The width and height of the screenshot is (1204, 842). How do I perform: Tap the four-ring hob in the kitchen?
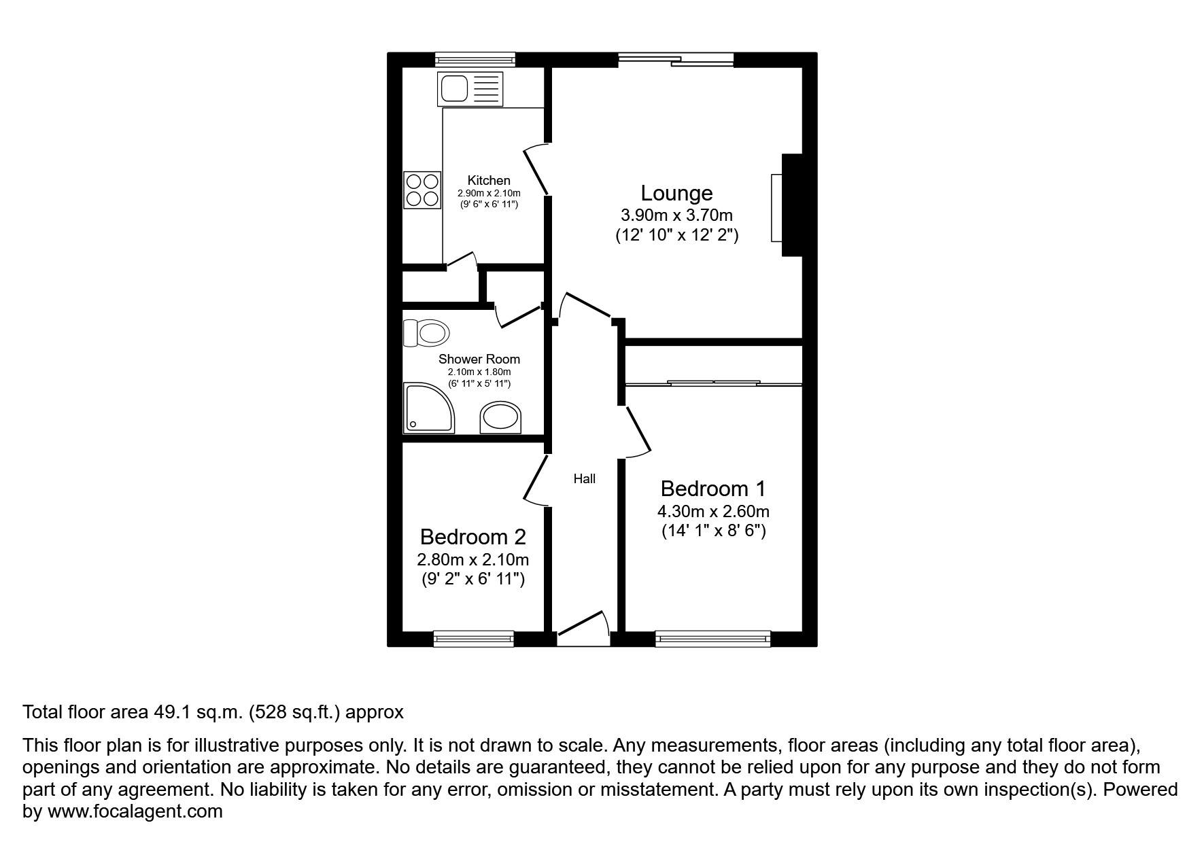pos(422,190)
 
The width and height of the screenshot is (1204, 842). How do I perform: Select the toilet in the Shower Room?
pos(427,333)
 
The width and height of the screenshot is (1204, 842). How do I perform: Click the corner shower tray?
pos(428,407)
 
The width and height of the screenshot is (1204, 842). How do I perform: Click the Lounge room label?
pos(676,193)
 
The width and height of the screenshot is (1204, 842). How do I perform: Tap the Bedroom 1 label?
pos(713,489)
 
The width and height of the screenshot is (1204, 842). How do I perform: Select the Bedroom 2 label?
pos(472,537)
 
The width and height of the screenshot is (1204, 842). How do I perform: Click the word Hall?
pos(584,479)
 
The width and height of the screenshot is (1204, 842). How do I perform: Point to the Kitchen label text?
pos(489,180)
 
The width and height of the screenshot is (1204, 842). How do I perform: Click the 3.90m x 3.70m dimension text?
pos(676,215)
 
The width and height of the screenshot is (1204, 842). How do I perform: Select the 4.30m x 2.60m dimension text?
pos(713,511)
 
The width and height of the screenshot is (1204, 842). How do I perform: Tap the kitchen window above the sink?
pos(475,60)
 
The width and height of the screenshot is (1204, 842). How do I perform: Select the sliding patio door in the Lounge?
pos(676,60)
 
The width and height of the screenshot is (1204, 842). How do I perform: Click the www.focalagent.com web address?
pos(135,811)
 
